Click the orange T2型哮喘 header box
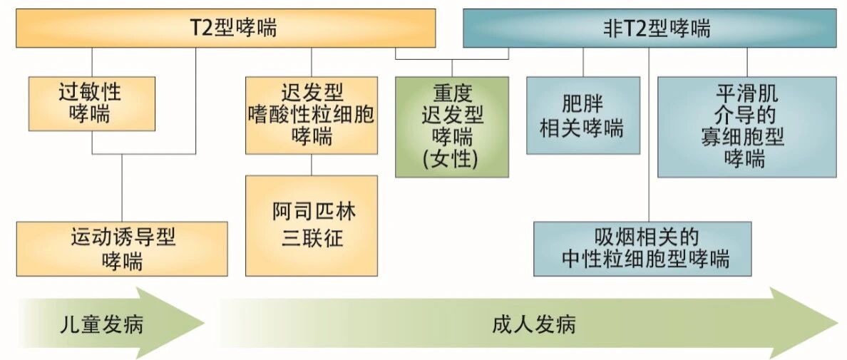[x=226, y=29]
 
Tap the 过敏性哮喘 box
[x=92, y=103]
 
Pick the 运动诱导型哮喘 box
[x=122, y=249]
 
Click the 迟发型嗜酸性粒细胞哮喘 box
[x=312, y=115]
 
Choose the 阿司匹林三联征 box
[x=312, y=225]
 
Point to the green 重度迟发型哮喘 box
[x=452, y=126]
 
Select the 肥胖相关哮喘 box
[x=582, y=115]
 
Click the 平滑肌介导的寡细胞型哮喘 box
[x=746, y=126]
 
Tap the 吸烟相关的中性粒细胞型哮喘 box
[x=642, y=248]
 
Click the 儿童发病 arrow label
[x=101, y=325]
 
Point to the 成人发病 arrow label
[x=533, y=325]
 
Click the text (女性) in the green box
[x=452, y=159]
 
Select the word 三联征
[x=312, y=238]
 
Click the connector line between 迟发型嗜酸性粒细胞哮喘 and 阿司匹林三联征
[x=312, y=165]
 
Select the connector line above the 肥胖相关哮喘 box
[x=582, y=62]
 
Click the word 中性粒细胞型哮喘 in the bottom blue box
[x=656, y=259]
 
